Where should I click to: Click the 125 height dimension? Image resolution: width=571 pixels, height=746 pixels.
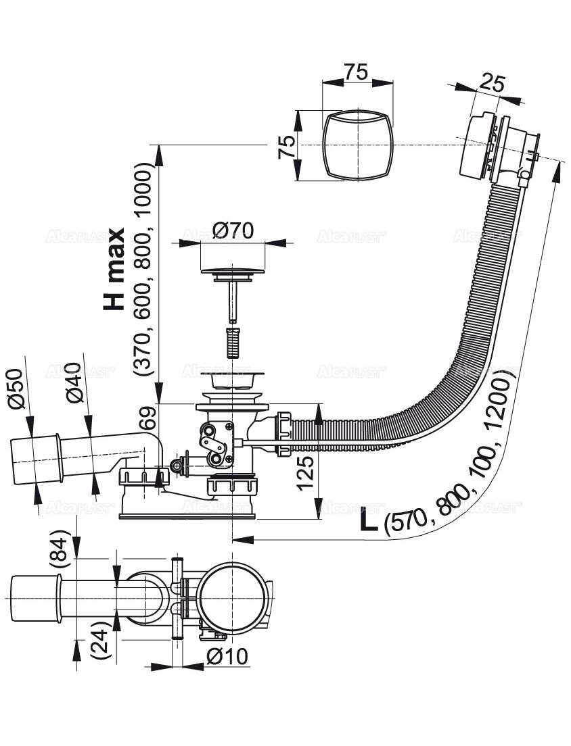[305, 471]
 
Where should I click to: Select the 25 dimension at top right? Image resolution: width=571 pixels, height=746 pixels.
[493, 82]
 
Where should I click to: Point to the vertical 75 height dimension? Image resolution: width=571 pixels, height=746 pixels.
[286, 146]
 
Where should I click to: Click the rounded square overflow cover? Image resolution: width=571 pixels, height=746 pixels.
[357, 145]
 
